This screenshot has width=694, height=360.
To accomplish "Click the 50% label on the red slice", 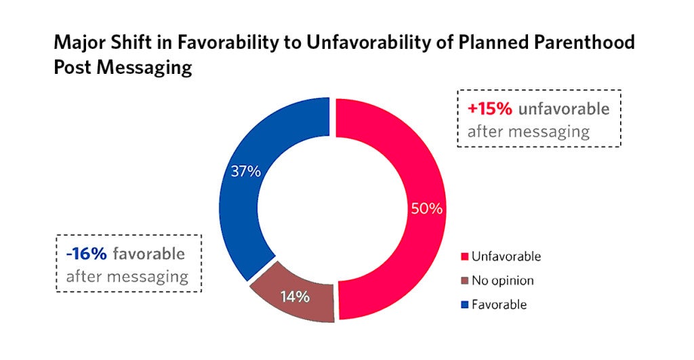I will click(427, 209).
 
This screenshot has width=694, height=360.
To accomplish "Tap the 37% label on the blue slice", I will click(245, 172).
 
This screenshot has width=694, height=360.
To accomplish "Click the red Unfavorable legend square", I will click(464, 257).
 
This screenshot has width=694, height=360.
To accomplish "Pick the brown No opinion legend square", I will click(464, 281).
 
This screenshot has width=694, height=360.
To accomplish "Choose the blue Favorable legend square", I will click(464, 304).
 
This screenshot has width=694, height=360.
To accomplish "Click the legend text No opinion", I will click(502, 281).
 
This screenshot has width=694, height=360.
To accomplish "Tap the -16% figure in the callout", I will click(86, 254).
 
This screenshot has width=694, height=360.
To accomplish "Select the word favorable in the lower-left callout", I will click(148, 254).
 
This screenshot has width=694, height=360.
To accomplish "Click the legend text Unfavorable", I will click(506, 257).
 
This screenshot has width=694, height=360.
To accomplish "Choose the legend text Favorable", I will click(499, 304).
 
